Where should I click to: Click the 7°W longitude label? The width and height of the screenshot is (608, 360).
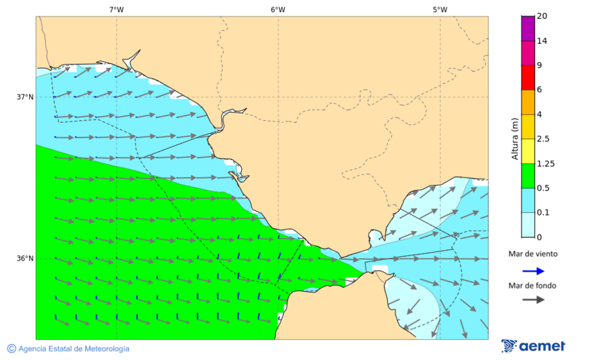(x=116, y=9)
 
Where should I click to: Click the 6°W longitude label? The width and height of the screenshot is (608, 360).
(x=278, y=9)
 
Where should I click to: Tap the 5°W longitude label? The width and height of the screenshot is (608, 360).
(x=440, y=9)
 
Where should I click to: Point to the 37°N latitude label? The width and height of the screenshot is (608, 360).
(x=25, y=97)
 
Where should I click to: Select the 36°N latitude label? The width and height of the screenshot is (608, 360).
(x=25, y=258)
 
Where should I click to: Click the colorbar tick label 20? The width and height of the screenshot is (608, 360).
(x=542, y=16)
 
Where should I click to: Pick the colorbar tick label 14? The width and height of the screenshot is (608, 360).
(x=542, y=41)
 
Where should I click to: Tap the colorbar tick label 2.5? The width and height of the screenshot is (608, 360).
(x=542, y=138)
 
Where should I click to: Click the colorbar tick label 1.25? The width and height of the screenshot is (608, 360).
(x=544, y=163)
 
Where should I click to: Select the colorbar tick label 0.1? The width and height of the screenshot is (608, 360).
(x=542, y=212)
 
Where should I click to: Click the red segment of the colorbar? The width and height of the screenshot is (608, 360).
(x=528, y=77)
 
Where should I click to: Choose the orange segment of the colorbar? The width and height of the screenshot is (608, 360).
(x=528, y=102)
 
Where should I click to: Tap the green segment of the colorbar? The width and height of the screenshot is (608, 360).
(x=528, y=176)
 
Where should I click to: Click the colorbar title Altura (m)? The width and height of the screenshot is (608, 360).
(x=515, y=138)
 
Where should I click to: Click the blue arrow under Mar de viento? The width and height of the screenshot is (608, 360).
(x=533, y=271)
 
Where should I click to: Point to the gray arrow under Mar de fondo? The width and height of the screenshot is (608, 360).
(x=533, y=299)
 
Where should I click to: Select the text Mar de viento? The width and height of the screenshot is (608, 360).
(x=533, y=254)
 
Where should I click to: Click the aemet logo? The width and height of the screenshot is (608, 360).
(x=533, y=346)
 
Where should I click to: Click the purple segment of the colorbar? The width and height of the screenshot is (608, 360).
(x=528, y=28)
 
